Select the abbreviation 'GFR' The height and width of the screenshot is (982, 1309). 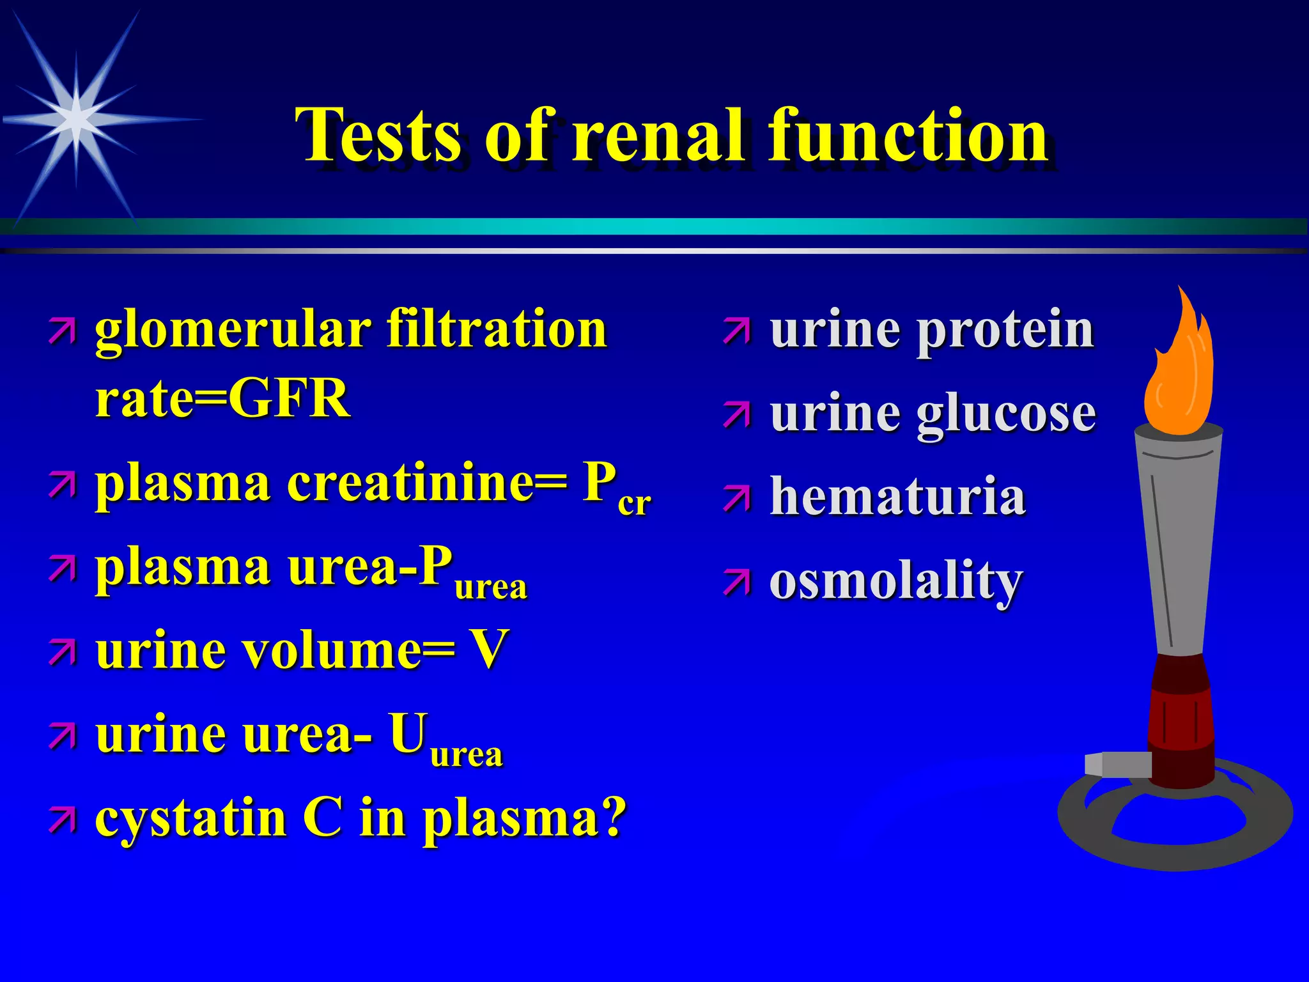289,398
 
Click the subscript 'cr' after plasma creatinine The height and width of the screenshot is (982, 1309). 634,504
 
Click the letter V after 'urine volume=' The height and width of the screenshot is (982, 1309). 488,650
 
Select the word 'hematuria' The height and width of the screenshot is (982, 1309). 897,497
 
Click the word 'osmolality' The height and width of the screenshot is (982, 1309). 896,582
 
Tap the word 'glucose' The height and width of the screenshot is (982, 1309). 1007,414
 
